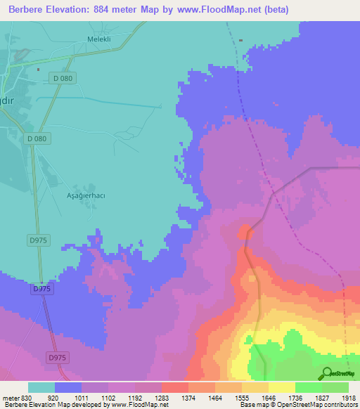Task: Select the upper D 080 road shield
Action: pyautogui.click(x=63, y=78)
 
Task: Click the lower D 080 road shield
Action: pyautogui.click(x=37, y=138)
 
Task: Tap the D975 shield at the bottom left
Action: pyautogui.click(x=58, y=358)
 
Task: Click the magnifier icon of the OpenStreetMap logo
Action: pyautogui.click(x=326, y=374)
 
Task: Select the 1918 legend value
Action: pyautogui.click(x=348, y=397)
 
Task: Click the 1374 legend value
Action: pyautogui.click(x=189, y=397)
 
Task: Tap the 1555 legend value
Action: pyautogui.click(x=243, y=397)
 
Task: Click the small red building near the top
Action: pyautogui.click(x=241, y=40)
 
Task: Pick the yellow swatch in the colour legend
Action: pyautogui.click(x=282, y=387)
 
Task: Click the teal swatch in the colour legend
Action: pyautogui.click(x=41, y=387)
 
